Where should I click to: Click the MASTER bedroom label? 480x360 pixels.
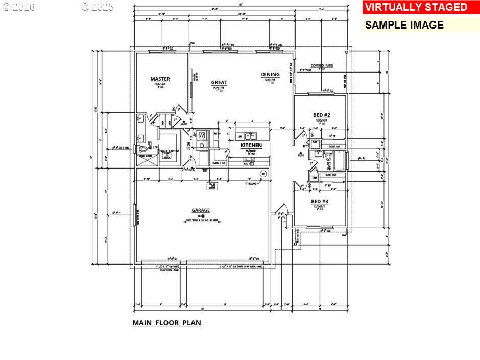(160, 79)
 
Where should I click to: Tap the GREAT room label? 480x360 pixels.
(219, 82)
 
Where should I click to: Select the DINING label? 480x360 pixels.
(270, 74)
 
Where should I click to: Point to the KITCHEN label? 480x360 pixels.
(251, 146)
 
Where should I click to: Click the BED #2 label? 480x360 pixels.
(322, 115)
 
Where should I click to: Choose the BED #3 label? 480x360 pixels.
(320, 202)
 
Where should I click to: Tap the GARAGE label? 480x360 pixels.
(201, 210)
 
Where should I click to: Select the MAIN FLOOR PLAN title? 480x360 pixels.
(167, 323)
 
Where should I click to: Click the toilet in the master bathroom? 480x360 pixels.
(142, 149)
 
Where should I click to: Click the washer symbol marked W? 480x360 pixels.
(201, 135)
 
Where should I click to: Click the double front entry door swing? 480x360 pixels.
(280, 211)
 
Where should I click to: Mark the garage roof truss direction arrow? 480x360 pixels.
(201, 222)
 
